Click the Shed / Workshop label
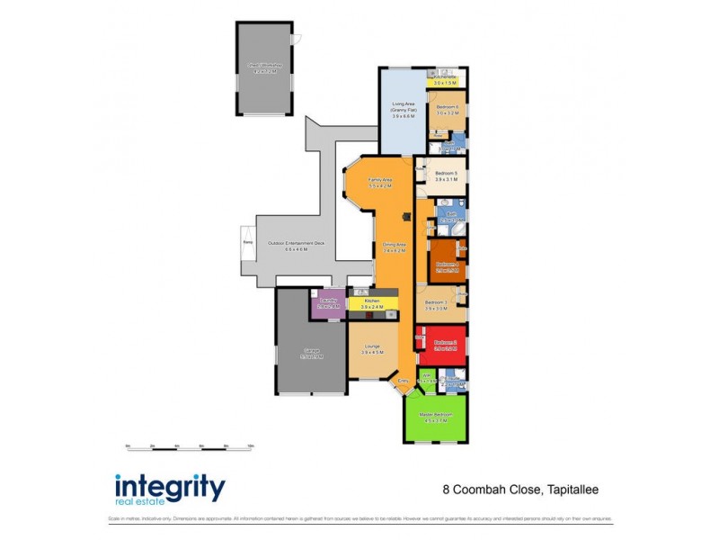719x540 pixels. coord(265,67)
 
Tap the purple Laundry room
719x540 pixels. coord(328,304)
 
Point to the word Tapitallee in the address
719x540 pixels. coord(572,490)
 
